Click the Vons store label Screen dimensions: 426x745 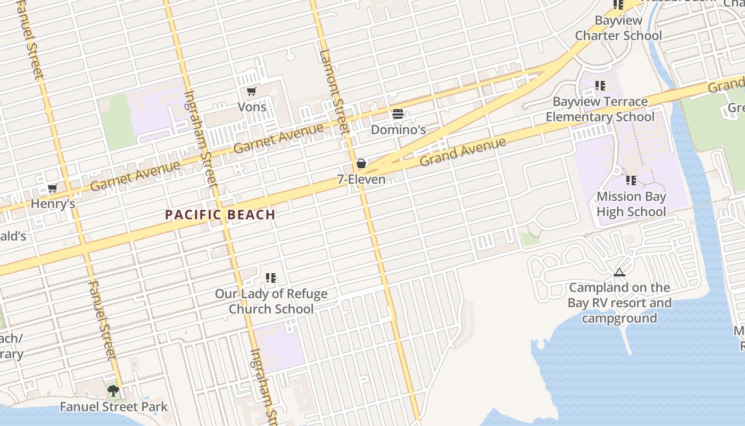tap(252, 106)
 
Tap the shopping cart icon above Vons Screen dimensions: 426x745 tap(252, 92)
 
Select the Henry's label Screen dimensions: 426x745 tap(53, 203)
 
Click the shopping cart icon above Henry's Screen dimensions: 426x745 tap(53, 189)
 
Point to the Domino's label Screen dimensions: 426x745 tap(398, 129)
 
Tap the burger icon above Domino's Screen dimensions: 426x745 tap(398, 114)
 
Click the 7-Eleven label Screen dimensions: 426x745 tap(361, 179)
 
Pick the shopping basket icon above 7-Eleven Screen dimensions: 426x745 tap(361, 163)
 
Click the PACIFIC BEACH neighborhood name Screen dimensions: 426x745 tap(220, 215)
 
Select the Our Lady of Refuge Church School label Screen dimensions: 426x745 tap(271, 301)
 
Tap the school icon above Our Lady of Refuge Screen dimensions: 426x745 tap(271, 278)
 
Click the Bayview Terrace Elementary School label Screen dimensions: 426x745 tap(600, 109)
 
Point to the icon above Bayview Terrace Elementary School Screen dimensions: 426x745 tap(600, 86)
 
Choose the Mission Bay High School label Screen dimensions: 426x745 tap(631, 204)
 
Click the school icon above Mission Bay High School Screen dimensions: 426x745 tap(631, 181)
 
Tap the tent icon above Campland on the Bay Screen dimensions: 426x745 tap(619, 273)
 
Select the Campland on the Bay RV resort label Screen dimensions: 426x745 tap(619, 303)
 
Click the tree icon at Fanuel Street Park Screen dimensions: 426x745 tap(113, 391)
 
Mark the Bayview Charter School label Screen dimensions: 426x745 tap(618, 28)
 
